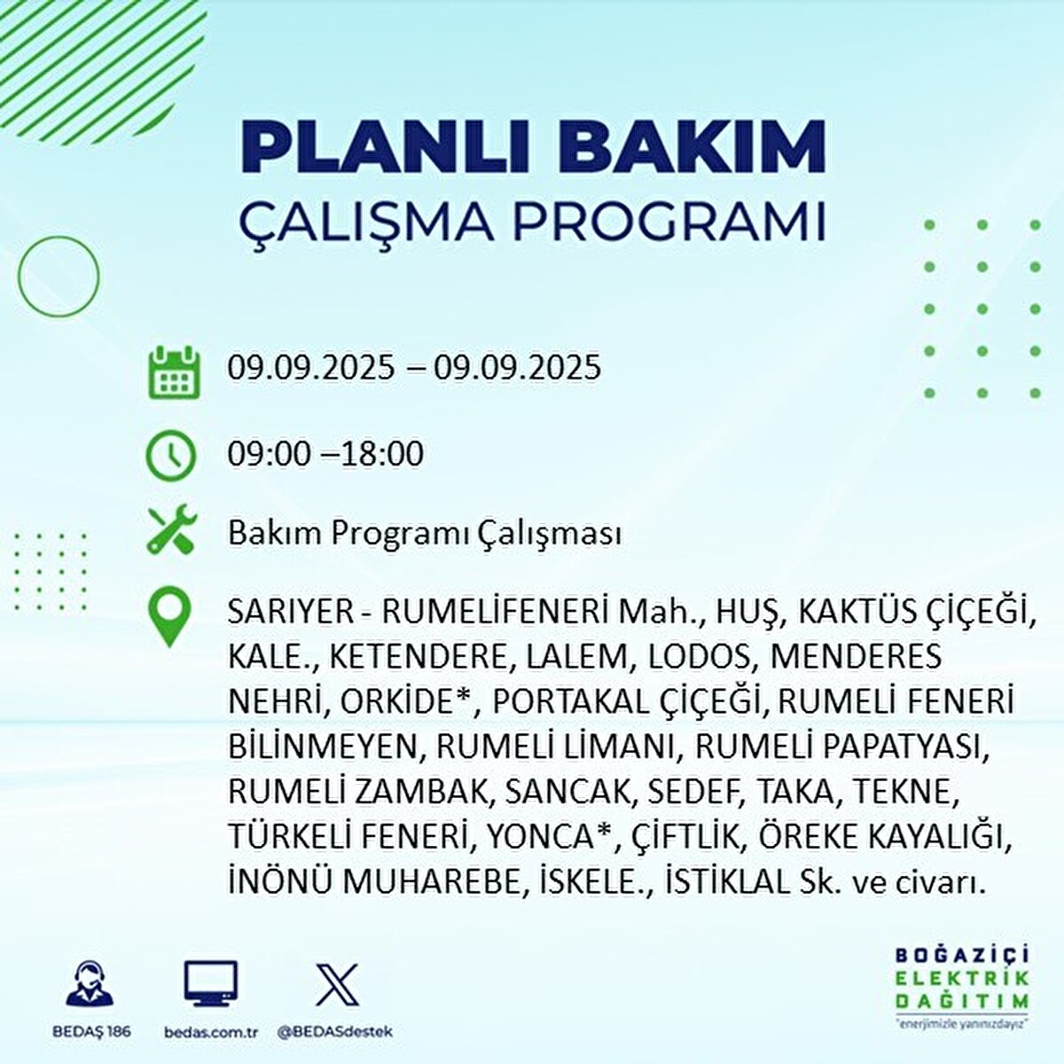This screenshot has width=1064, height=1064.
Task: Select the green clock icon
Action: (171, 455)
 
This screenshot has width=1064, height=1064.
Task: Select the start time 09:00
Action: (270, 455)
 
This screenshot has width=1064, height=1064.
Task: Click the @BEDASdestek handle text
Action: (334, 1032)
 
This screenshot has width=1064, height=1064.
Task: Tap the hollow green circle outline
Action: (59, 277)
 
